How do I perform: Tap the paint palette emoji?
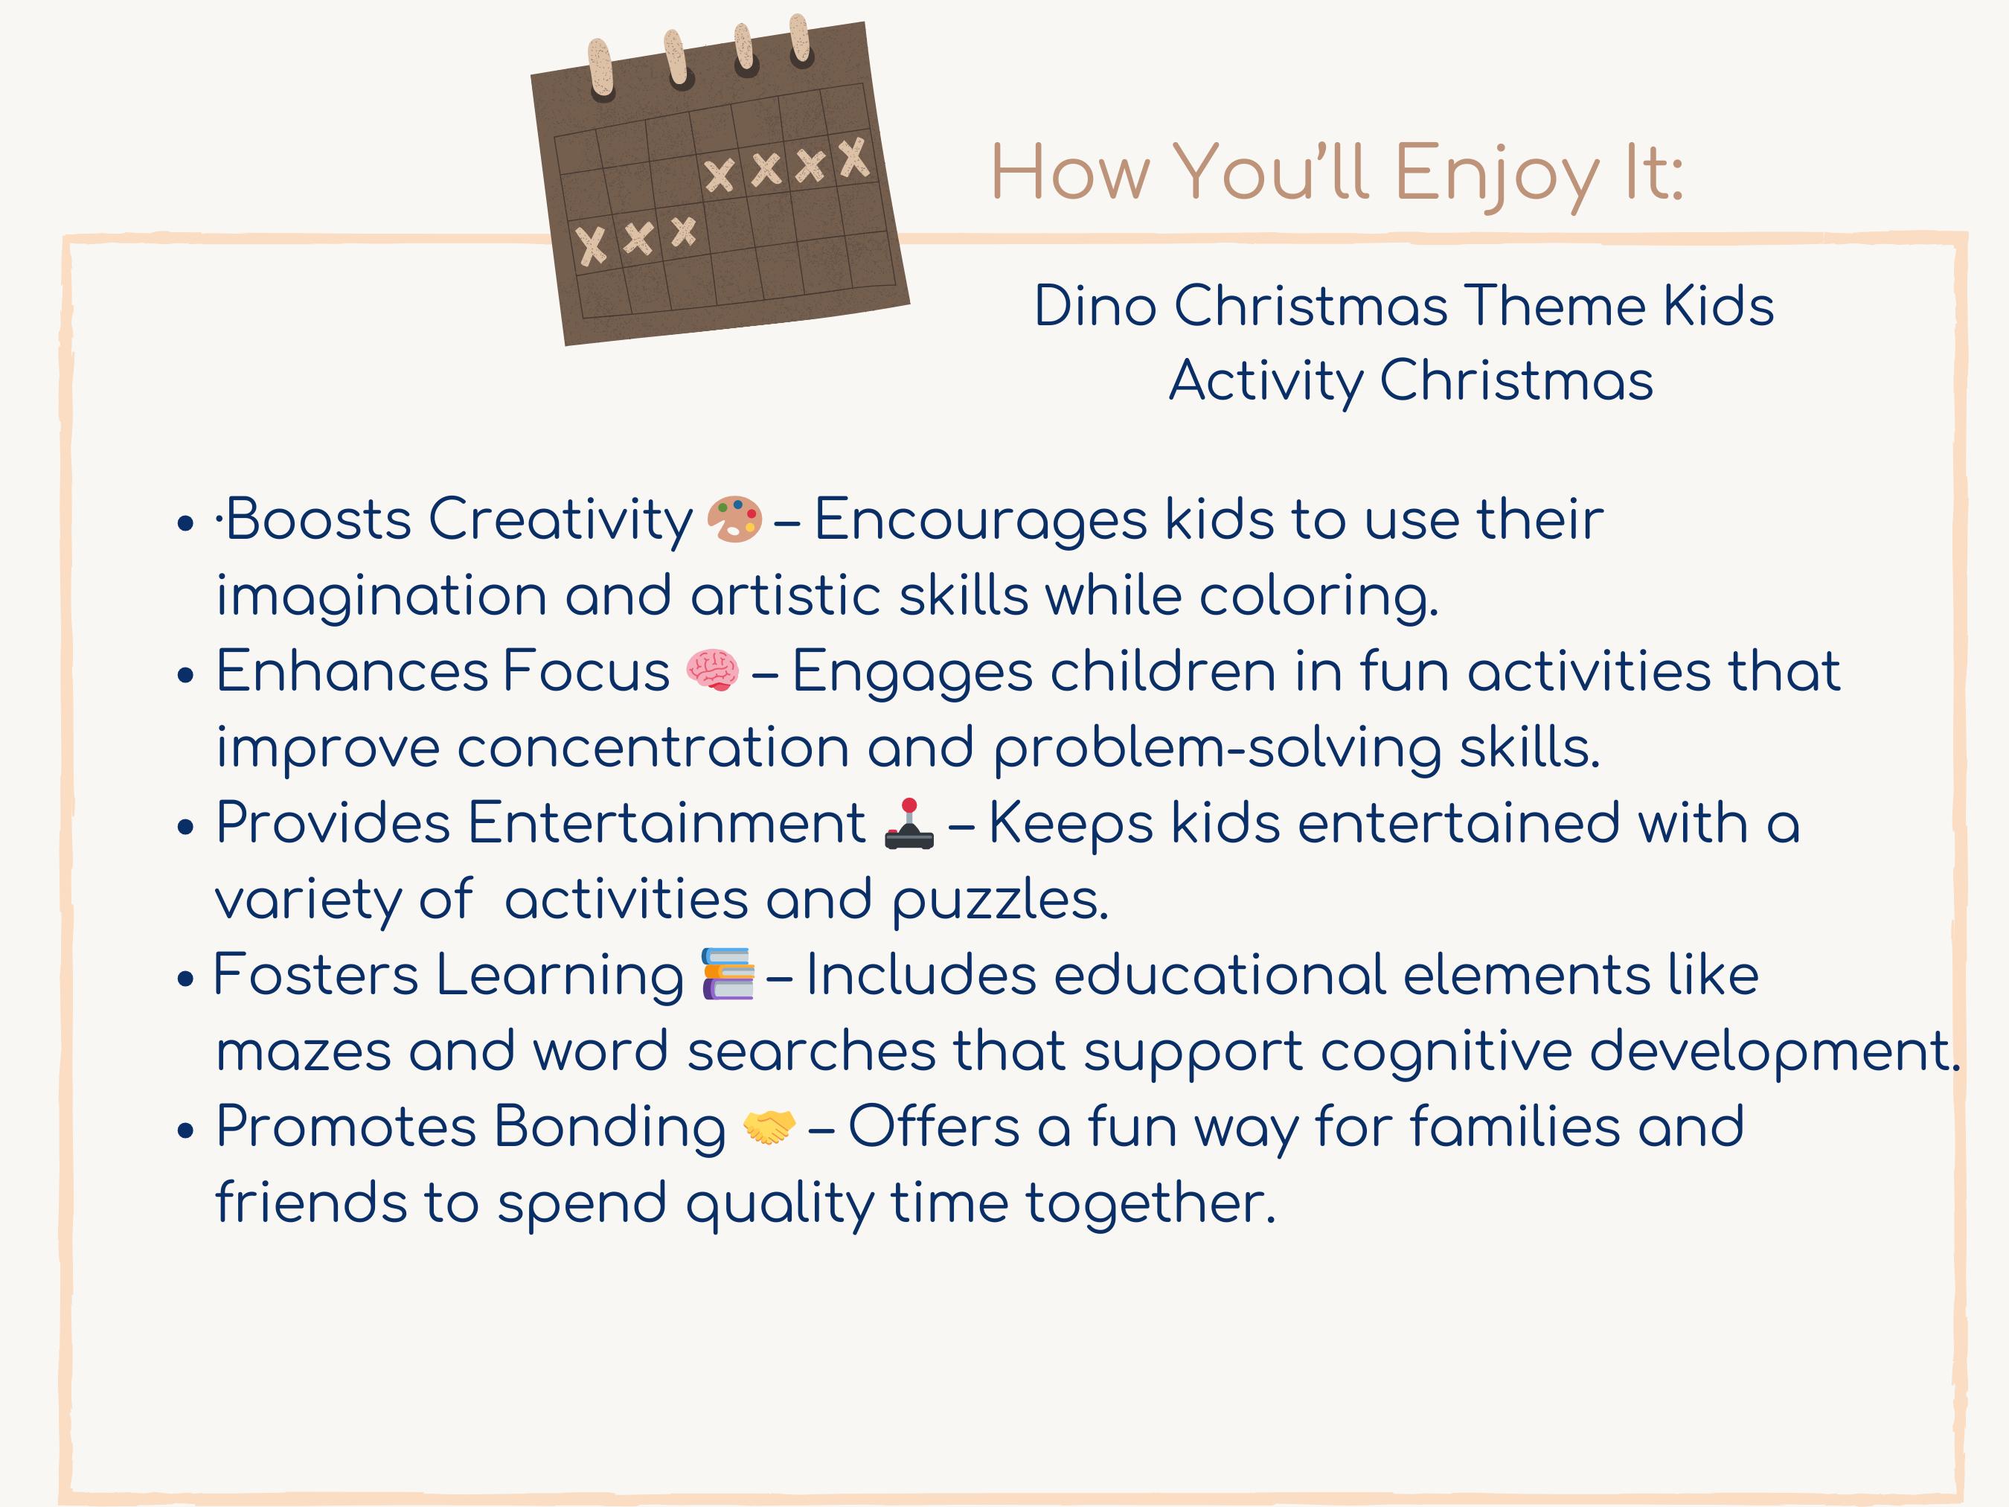734,519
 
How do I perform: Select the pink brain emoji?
712,671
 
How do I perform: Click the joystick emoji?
909,824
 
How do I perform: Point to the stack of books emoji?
728,975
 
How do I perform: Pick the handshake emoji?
769,1127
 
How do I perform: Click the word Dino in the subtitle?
1095,305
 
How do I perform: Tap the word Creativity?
560,520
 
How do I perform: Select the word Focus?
586,671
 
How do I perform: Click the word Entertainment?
667,823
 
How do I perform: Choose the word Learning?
560,976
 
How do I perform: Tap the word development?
1775,1052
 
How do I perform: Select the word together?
1151,1203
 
